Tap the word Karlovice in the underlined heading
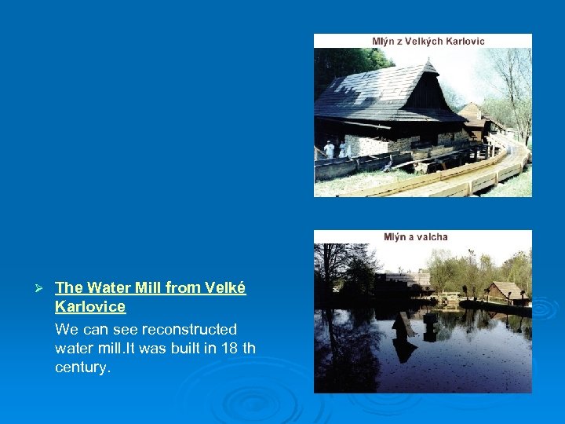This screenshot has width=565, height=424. [x=89, y=306]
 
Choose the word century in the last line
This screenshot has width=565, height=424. [x=81, y=367]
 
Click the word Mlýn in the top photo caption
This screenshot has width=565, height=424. [x=385, y=41]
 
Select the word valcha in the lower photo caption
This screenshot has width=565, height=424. [x=432, y=236]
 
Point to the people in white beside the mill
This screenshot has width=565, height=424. [x=335, y=148]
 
